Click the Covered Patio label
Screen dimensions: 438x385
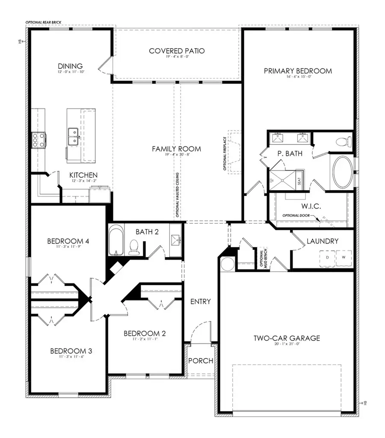click(x=177, y=51)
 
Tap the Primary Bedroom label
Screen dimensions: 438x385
click(x=298, y=71)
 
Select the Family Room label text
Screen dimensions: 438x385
click(x=176, y=149)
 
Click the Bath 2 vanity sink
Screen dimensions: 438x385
click(x=175, y=240)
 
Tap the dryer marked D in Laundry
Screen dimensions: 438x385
click(x=328, y=257)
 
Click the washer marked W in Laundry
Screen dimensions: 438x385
click(x=343, y=257)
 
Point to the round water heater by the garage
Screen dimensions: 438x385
click(x=227, y=264)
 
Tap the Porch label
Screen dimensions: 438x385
click(x=201, y=361)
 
